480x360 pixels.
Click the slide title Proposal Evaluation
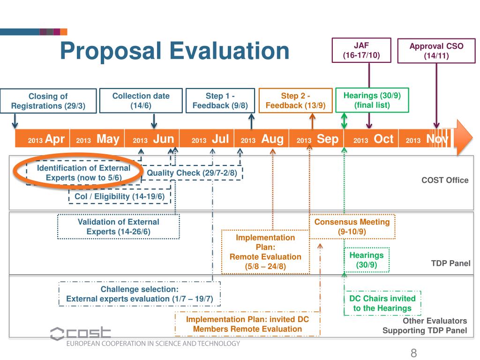tap(175, 51)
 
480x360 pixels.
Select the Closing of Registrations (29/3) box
tap(48, 101)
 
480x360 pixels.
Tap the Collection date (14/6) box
tap(141, 100)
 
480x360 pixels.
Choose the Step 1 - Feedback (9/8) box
tap(220, 100)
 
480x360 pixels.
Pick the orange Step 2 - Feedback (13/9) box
tap(295, 100)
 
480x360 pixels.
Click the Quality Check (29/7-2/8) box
tap(192, 173)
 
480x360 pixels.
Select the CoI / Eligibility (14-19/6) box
tap(120, 196)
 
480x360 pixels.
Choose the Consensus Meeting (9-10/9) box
tap(352, 226)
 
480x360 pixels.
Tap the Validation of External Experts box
tap(118, 226)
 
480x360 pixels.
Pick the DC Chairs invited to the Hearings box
tap(382, 303)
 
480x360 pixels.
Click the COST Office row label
tap(445, 180)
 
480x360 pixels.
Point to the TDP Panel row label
tap(450, 263)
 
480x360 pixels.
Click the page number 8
tap(413, 353)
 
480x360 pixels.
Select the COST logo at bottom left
tap(80, 333)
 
